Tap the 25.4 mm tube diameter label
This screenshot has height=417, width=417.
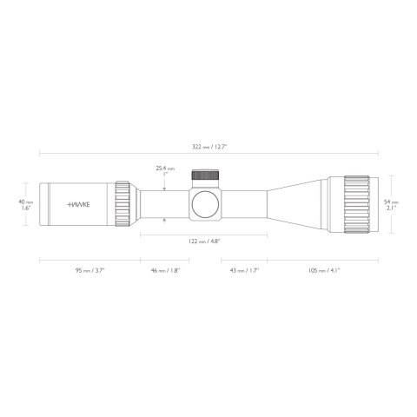(x=164, y=168)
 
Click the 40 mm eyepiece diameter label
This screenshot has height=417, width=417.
(x=26, y=204)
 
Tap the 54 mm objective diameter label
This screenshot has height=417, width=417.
(x=391, y=204)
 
